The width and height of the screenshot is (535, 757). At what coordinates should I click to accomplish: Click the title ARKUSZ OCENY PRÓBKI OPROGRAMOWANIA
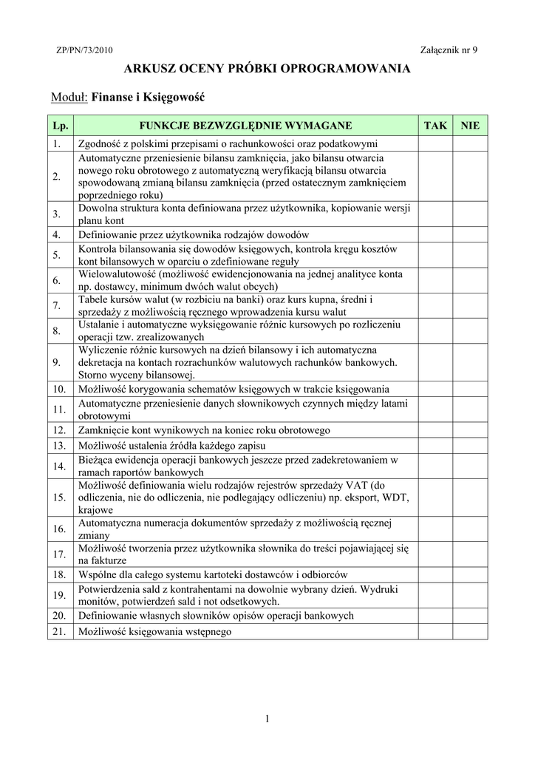pos(267,69)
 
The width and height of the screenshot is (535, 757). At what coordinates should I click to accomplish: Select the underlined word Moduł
pos(69,97)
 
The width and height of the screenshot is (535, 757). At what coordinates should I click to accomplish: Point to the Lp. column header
pos(60,126)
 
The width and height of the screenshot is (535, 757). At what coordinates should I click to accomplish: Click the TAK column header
pos(435,126)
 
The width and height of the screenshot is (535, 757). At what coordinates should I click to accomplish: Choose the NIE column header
pos(470,126)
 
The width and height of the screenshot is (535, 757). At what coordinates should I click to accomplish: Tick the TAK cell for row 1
pos(435,143)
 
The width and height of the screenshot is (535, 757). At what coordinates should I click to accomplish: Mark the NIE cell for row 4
pos(470,234)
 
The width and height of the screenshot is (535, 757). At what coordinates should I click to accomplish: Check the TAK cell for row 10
pos(435,389)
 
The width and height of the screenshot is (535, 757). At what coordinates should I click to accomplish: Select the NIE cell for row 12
pos(470,430)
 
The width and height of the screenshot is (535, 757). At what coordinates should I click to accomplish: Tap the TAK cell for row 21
pos(435,632)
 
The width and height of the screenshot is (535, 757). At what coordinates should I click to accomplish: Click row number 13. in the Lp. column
pos(60,446)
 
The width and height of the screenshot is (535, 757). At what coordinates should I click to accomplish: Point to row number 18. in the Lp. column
pos(60,574)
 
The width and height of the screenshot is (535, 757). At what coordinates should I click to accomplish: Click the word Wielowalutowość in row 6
pos(111,274)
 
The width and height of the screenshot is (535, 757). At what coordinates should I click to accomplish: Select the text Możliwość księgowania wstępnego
pos(154,632)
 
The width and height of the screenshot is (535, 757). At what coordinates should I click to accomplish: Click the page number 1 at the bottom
pos(267,719)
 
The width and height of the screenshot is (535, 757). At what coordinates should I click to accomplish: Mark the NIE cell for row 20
pos(470,616)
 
